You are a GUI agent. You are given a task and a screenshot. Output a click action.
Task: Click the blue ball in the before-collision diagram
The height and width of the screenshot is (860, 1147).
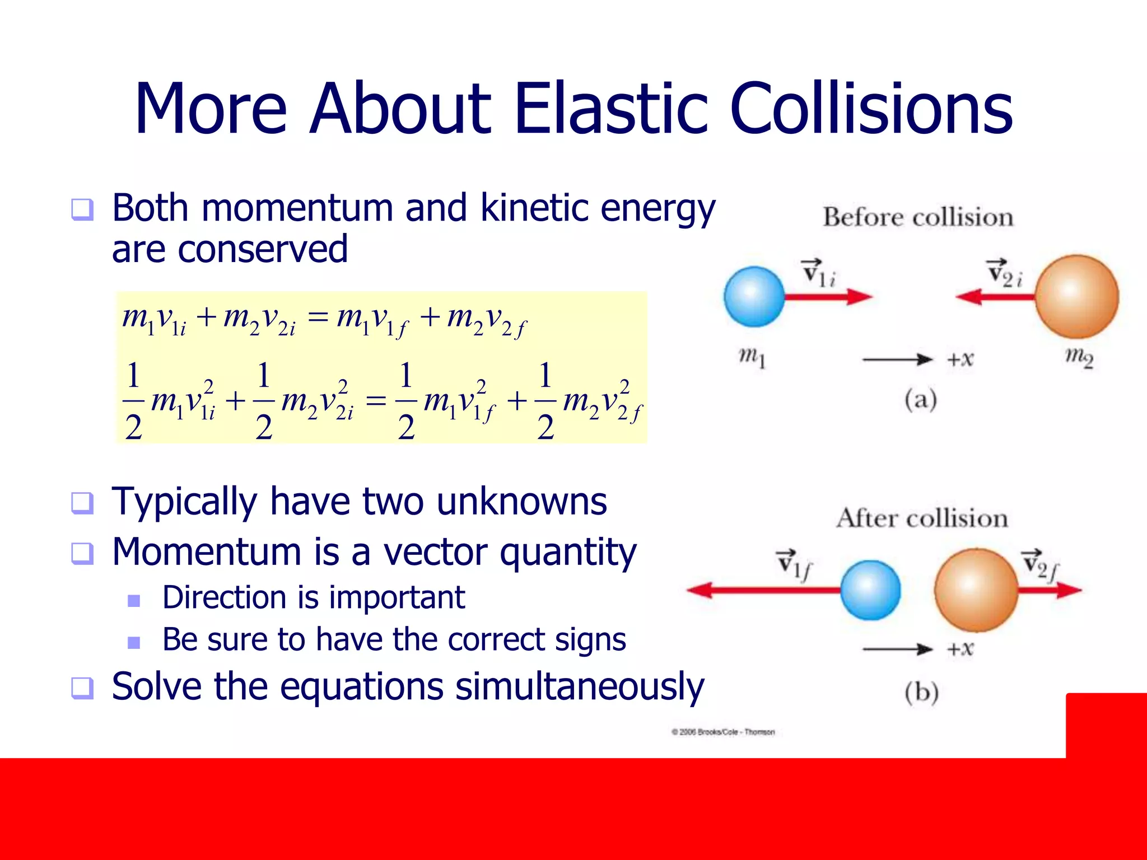pyautogui.click(x=754, y=297)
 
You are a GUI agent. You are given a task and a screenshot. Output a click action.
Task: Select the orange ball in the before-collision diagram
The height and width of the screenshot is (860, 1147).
pyautogui.click(x=1076, y=297)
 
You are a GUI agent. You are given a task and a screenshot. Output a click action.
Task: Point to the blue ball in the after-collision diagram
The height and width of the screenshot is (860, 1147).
pyautogui.click(x=870, y=590)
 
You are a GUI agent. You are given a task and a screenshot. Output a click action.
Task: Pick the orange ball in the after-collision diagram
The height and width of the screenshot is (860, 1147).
pyautogui.click(x=976, y=590)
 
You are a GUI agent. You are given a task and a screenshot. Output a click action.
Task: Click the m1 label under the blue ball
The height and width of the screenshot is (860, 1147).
pyautogui.click(x=752, y=357)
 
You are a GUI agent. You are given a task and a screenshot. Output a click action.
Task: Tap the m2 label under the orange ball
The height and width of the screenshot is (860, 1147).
pyautogui.click(x=1079, y=357)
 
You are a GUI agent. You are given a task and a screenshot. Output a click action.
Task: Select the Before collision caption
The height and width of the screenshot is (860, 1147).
pyautogui.click(x=917, y=217)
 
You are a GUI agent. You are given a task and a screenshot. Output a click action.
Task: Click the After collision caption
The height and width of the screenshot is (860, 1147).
pyautogui.click(x=922, y=518)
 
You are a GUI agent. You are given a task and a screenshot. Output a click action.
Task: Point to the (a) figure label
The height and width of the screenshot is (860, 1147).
pyautogui.click(x=920, y=400)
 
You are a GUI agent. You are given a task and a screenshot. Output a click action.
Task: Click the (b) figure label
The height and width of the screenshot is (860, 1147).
pyautogui.click(x=921, y=693)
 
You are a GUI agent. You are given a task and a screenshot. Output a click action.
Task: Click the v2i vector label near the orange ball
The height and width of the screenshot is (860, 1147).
pyautogui.click(x=1005, y=273)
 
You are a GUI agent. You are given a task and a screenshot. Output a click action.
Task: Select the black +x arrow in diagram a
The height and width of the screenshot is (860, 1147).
pyautogui.click(x=897, y=359)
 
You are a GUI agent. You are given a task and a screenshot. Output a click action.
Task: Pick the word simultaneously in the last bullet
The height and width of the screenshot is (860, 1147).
pyautogui.click(x=579, y=686)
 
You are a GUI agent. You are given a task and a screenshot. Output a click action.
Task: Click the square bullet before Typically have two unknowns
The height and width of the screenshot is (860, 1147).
pyautogui.click(x=82, y=502)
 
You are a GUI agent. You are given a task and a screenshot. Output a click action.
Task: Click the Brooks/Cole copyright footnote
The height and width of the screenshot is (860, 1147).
pyautogui.click(x=723, y=732)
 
